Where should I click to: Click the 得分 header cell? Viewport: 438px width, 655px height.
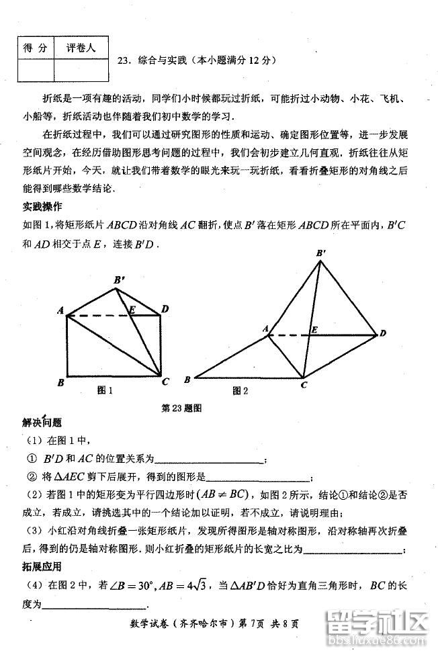pos(36,48)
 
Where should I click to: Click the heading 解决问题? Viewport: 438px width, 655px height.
pos(42,423)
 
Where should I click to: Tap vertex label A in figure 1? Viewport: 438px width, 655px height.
pos(60,310)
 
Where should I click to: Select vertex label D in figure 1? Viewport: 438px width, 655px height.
pos(165,309)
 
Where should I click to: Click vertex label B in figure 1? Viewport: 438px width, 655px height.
pos(60,383)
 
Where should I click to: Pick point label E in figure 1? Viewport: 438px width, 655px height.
pos(132,309)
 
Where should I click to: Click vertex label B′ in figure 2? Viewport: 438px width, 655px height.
pos(321,253)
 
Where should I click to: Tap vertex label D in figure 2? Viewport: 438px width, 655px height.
pos(383,333)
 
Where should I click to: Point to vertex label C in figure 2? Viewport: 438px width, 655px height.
pos(304,385)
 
